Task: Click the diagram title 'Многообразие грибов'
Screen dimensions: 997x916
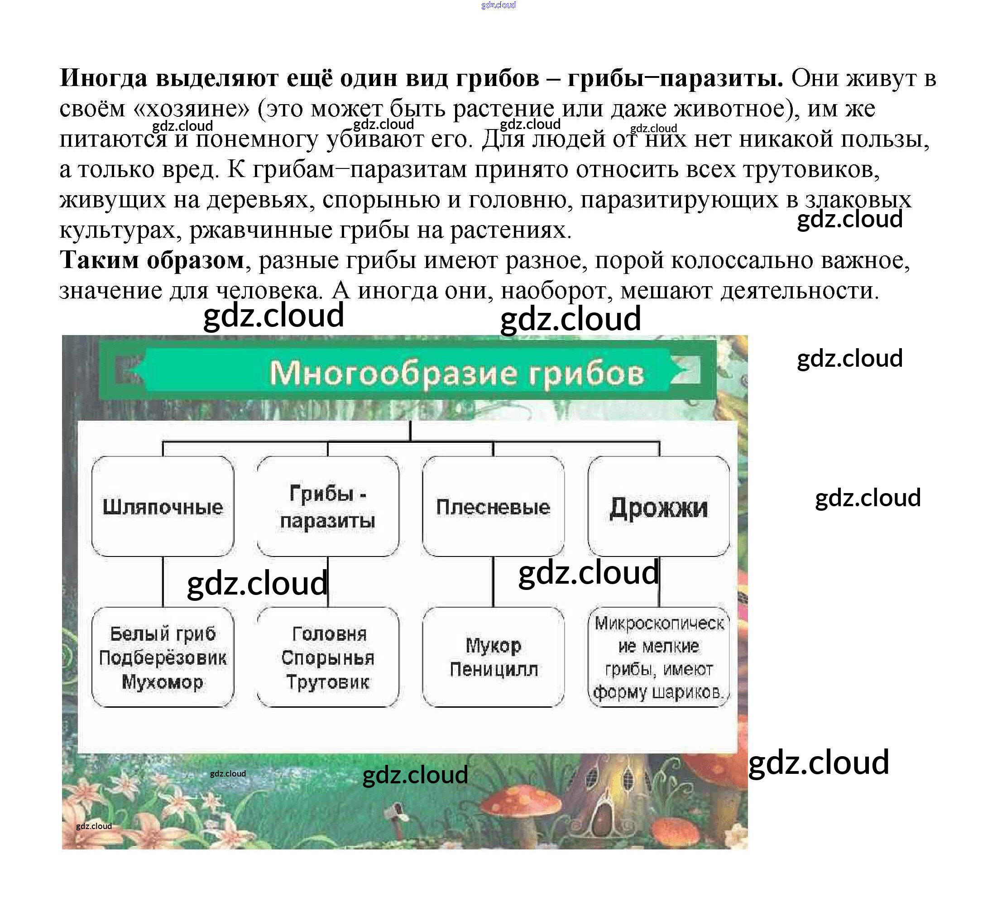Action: (x=456, y=373)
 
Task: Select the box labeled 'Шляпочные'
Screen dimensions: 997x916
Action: (x=163, y=506)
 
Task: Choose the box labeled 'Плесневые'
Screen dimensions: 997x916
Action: (x=493, y=506)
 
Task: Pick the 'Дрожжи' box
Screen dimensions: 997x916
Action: (x=659, y=506)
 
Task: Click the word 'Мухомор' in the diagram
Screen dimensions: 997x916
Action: (x=163, y=682)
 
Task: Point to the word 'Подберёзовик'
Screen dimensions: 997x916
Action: (x=163, y=658)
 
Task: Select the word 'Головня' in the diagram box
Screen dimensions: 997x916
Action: (x=329, y=634)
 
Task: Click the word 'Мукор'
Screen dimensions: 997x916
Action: (x=494, y=645)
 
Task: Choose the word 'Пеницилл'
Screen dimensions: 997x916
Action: (x=494, y=669)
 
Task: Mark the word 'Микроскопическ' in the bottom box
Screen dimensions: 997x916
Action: (x=660, y=623)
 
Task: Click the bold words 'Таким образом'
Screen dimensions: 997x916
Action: (x=152, y=260)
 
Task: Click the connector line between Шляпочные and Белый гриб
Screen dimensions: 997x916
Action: (x=163, y=582)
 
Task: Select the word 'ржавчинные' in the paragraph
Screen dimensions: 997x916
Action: (x=261, y=230)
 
